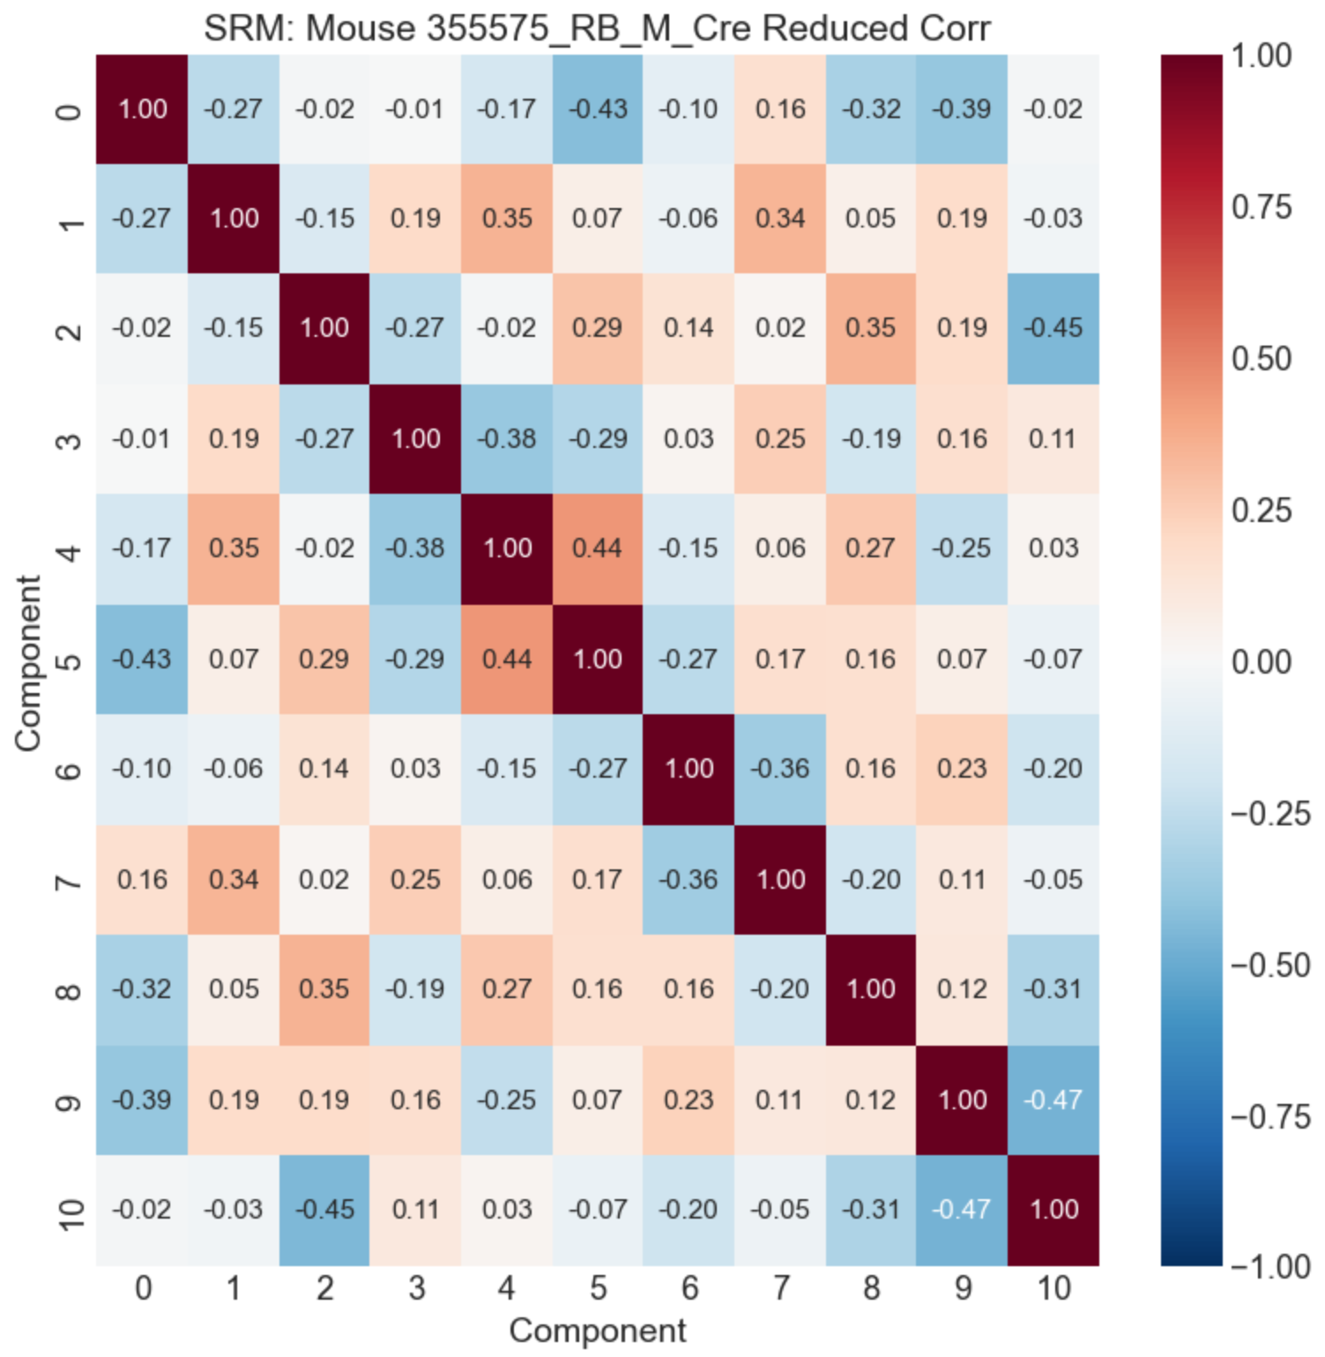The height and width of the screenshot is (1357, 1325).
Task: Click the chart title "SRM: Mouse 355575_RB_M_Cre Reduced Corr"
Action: coord(597,28)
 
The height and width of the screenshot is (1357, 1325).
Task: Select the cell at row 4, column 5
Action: coord(598,548)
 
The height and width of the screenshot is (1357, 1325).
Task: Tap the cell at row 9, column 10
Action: coord(1053,1100)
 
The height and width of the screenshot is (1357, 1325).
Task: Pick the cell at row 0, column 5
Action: coord(598,108)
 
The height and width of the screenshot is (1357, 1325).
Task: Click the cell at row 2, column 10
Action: coord(1053,328)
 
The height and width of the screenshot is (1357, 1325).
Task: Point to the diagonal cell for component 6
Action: coord(689,769)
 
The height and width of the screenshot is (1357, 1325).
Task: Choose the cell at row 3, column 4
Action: coord(507,438)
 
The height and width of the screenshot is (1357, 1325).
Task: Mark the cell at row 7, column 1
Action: coord(234,879)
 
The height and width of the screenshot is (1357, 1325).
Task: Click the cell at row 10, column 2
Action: coord(324,1210)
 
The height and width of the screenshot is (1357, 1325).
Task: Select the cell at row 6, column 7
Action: coord(780,769)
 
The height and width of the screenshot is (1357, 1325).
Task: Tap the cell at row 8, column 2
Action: coord(324,989)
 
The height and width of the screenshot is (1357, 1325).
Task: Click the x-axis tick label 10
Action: coord(1053,1288)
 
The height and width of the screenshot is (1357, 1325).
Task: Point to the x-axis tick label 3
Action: coord(416,1288)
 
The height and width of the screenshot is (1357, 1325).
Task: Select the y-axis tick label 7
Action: coord(70,880)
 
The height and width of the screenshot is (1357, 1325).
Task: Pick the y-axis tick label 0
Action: coord(70,109)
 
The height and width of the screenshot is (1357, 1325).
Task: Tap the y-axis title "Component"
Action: coord(28,662)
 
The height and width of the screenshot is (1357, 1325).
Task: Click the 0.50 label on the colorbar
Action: coord(1261,359)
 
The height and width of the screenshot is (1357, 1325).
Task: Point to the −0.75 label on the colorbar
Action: coord(1269,1117)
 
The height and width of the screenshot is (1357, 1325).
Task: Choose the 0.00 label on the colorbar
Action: coord(1261,661)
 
